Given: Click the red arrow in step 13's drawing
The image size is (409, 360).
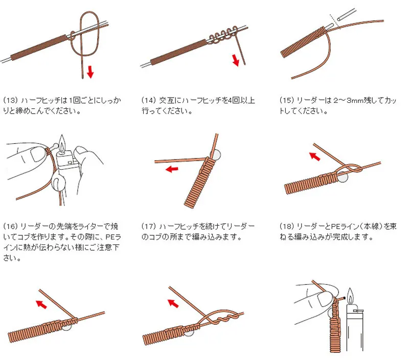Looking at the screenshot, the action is (90, 72).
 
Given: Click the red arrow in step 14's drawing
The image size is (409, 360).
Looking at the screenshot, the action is (236, 60).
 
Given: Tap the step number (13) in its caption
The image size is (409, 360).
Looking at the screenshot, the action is (10, 100).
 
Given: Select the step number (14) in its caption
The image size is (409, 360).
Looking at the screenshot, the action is (149, 100).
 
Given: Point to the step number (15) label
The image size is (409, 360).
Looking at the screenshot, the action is (287, 100).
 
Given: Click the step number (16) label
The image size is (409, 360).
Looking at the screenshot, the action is (10, 226).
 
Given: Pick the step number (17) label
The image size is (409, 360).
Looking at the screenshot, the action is (149, 226).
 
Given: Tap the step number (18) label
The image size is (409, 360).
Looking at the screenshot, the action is (287, 226).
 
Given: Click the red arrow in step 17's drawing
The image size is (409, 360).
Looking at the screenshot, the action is (172, 169).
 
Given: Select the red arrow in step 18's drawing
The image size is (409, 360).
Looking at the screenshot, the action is (315, 156).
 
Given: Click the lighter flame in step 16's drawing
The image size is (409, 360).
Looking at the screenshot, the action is (62, 144).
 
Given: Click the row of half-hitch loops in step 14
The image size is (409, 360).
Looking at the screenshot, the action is (222, 36).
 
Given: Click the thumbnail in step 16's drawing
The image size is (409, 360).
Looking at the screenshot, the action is (36, 154).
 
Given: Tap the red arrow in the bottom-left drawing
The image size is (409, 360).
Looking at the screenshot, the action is (41, 304).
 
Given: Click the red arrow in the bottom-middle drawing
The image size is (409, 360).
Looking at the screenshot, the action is (173, 303).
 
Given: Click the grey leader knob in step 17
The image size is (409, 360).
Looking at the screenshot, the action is (215, 154).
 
